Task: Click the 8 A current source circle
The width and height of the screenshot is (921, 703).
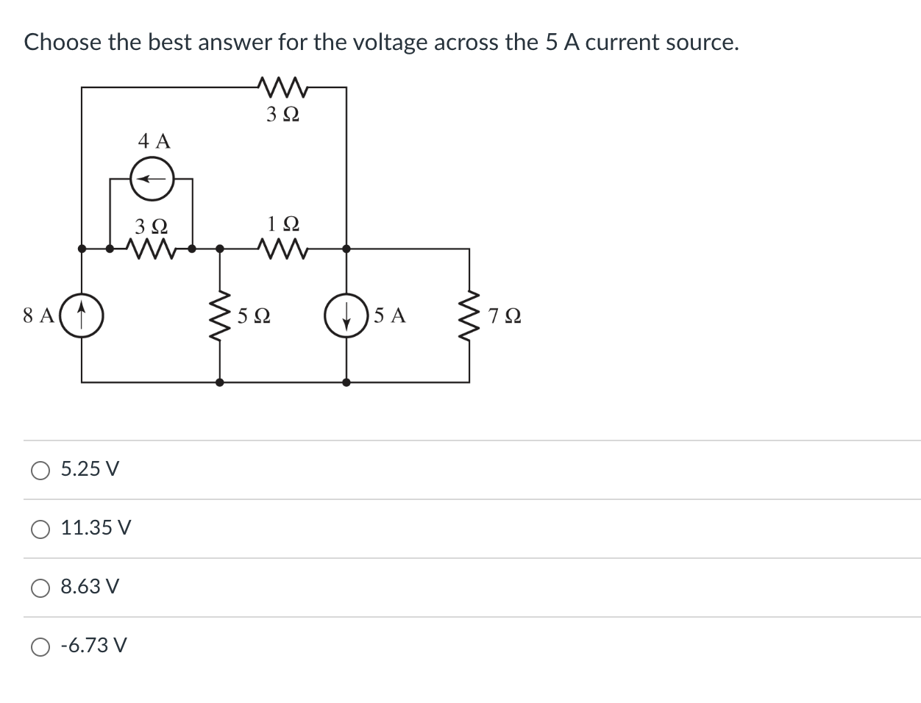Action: click(81, 315)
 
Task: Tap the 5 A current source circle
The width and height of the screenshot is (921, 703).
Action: click(346, 315)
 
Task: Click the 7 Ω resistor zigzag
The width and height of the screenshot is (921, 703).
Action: click(469, 315)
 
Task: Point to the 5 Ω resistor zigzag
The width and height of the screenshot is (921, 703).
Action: click(219, 315)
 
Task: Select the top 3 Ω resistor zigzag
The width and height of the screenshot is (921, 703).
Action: click(282, 88)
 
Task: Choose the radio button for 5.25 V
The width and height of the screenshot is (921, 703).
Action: click(40, 469)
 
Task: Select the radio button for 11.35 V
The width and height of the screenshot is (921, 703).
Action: click(40, 528)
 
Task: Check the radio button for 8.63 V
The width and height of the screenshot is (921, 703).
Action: click(40, 587)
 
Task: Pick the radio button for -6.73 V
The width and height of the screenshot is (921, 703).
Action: click(40, 646)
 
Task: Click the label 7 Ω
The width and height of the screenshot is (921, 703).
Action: click(505, 316)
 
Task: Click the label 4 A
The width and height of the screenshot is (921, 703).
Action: click(154, 140)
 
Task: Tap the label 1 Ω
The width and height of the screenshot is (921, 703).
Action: click(283, 223)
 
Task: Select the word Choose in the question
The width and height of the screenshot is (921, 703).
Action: click(63, 43)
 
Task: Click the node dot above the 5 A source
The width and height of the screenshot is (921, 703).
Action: click(346, 249)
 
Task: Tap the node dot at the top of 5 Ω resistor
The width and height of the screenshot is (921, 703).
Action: click(219, 249)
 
